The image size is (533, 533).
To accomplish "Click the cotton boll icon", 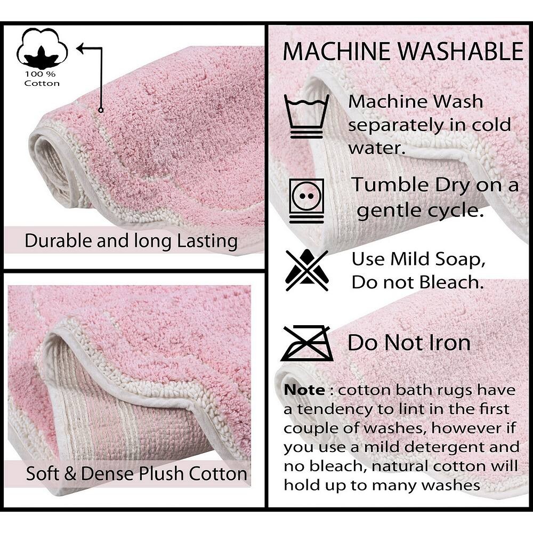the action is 42,48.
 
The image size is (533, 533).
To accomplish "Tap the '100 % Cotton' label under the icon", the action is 42,78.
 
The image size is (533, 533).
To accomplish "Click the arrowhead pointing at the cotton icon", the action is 80,49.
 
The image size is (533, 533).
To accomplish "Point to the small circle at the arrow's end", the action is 101,110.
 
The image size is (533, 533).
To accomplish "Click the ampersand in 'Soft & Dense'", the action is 70,473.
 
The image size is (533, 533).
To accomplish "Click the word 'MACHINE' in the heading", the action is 336,52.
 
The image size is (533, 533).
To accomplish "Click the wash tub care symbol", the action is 306,116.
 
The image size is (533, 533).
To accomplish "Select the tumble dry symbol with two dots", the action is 306,201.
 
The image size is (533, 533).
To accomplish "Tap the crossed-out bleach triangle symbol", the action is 306,270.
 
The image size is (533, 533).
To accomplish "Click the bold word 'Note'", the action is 304,390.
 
